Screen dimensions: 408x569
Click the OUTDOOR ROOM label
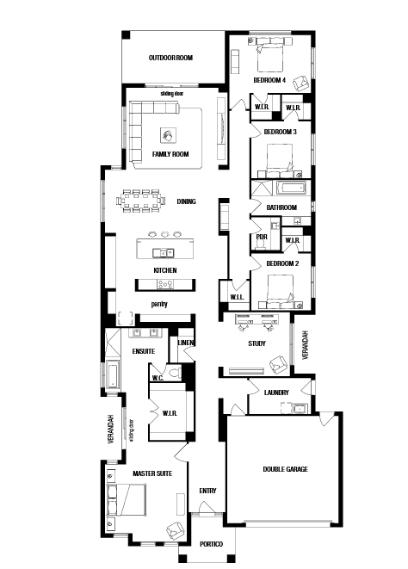pyautogui.click(x=170, y=58)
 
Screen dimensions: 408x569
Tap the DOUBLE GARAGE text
pyautogui.click(x=285, y=469)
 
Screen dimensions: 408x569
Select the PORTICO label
pyautogui.click(x=211, y=544)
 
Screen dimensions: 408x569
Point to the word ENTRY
pyautogui.click(x=207, y=491)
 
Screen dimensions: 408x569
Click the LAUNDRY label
pyautogui.click(x=276, y=393)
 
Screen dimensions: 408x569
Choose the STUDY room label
pyautogui.click(x=257, y=343)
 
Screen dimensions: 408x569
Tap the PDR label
pyautogui.click(x=262, y=237)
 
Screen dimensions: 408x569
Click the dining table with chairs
pyautogui.click(x=141, y=201)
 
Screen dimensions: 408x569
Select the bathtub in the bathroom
pyautogui.click(x=292, y=189)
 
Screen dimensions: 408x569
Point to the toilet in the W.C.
pyautogui.click(x=176, y=373)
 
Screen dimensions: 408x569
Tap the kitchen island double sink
pyautogui.click(x=163, y=252)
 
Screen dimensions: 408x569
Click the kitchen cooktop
pyautogui.click(x=165, y=284)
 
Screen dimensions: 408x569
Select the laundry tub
pyautogui.click(x=300, y=409)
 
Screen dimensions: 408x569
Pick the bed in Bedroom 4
pyautogui.click(x=270, y=58)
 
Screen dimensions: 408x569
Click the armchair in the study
pyautogui.click(x=278, y=364)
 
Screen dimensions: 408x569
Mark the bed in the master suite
pyautogui.click(x=127, y=499)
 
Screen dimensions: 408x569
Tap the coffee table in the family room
pyautogui.click(x=169, y=135)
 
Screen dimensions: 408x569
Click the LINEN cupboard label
pyautogui.click(x=186, y=343)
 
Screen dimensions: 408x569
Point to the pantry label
pyautogui.click(x=159, y=304)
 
